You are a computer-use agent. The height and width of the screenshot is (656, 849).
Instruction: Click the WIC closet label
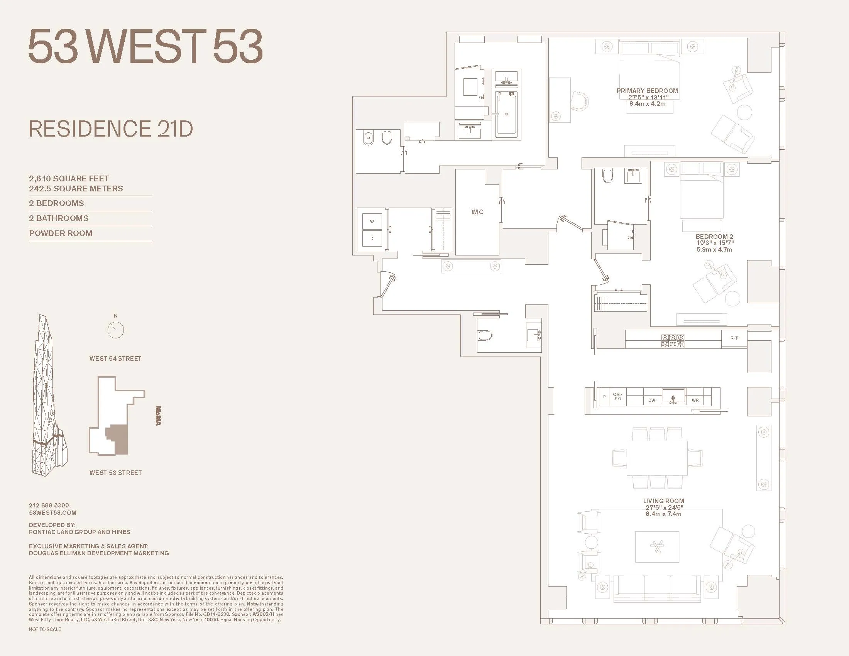[477, 212]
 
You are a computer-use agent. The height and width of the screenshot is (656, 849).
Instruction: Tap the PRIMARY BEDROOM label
[647, 91]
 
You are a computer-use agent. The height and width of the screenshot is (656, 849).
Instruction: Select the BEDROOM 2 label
[714, 236]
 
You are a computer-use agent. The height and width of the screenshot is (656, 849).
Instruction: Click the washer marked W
[372, 221]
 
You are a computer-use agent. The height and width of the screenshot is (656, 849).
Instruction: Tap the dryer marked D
[372, 238]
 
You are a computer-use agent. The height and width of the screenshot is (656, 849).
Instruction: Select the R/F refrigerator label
[734, 338]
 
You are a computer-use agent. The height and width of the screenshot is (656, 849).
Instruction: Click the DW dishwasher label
[651, 400]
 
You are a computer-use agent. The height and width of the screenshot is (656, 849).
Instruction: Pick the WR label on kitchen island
[695, 400]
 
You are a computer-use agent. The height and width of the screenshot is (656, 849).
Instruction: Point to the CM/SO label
[617, 396]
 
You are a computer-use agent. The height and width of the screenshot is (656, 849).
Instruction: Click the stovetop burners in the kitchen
[673, 341]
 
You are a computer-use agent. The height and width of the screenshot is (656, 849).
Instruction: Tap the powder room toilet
[485, 335]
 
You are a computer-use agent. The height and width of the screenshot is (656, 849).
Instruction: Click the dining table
[656, 457]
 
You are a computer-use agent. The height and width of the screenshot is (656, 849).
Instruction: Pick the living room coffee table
[657, 547]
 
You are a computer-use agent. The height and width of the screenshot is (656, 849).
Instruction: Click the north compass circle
[115, 330]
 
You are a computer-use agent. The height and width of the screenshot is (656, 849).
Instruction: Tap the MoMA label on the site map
[158, 416]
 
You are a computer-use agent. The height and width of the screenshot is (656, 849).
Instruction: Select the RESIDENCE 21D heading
[111, 129]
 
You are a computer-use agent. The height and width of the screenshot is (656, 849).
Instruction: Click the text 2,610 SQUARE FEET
[69, 178]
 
